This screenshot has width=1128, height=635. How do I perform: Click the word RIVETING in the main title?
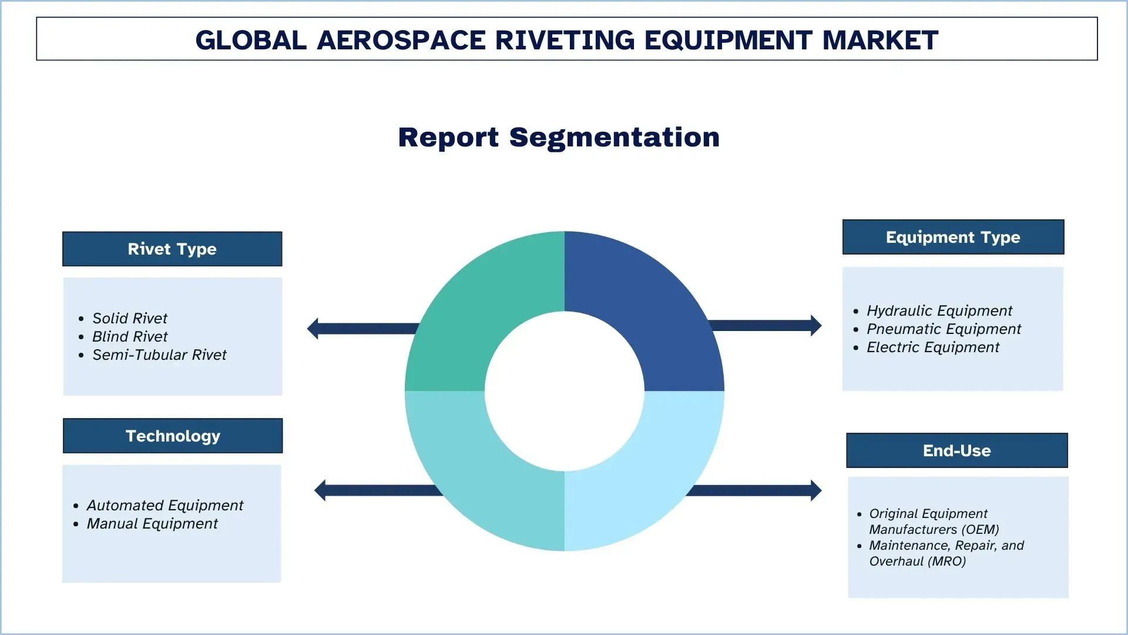(565, 40)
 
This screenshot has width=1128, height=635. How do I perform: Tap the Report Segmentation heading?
(559, 138)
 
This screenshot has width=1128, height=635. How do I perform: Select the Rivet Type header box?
(172, 249)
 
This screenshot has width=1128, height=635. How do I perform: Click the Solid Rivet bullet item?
(130, 318)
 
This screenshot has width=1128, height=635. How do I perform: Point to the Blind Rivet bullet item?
(130, 336)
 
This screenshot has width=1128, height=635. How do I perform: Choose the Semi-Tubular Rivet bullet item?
(159, 355)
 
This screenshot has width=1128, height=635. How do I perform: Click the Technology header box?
(173, 436)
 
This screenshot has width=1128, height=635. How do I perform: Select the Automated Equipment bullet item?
(165, 505)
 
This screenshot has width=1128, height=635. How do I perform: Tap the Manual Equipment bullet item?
(152, 523)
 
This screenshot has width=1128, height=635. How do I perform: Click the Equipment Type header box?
(953, 237)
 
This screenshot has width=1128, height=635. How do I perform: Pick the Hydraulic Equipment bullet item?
(939, 310)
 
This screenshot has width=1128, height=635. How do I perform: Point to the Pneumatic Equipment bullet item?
(944, 329)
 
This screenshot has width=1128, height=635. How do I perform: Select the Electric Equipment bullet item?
(933, 347)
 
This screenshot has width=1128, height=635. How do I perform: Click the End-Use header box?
(957, 450)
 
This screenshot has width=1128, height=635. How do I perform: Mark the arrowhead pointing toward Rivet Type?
(313, 329)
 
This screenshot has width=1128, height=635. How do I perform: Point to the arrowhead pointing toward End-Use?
(817, 490)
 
